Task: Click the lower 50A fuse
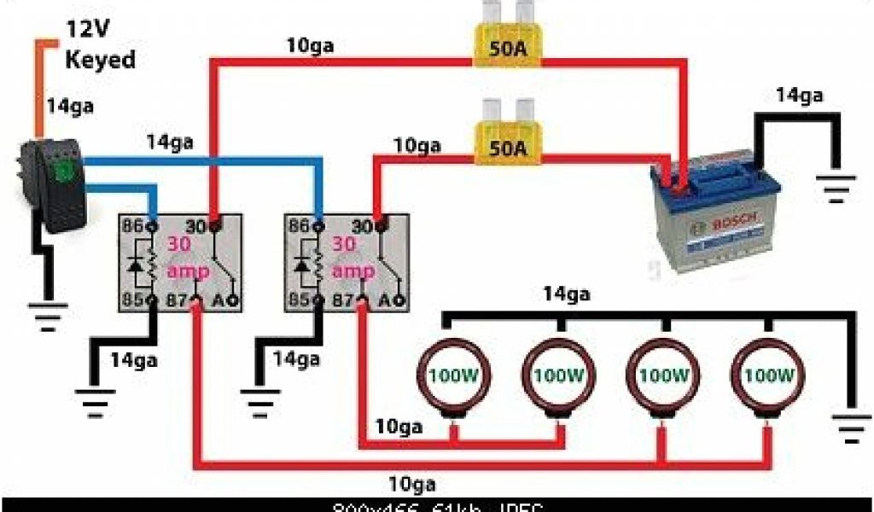(x=507, y=147)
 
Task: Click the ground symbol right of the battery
(x=837, y=185)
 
